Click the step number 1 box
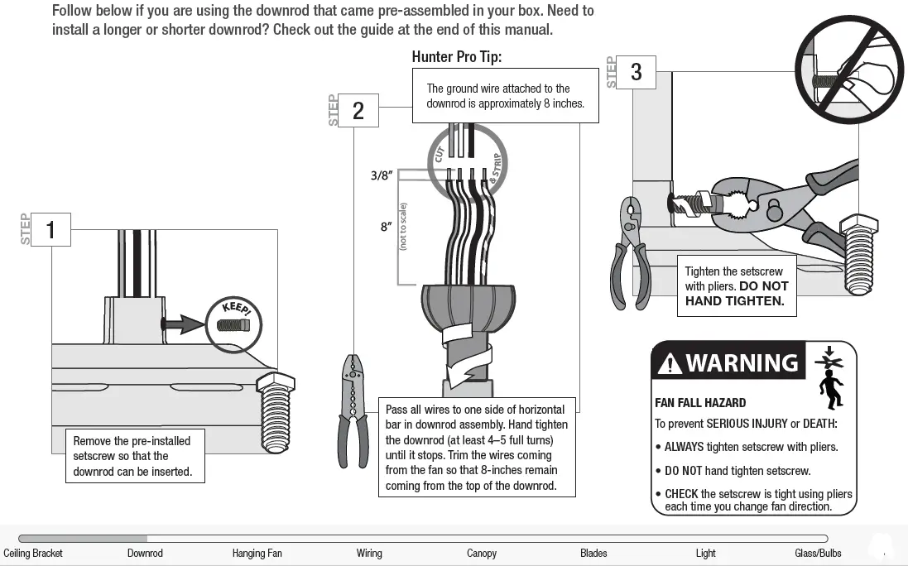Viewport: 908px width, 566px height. point(50,229)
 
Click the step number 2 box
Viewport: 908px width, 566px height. point(358,111)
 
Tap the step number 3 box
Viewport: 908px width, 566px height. point(636,73)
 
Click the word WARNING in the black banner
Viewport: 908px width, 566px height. point(742,363)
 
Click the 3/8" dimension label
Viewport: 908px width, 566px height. point(381,175)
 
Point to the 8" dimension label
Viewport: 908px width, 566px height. point(386,227)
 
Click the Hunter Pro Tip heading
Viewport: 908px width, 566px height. point(456,57)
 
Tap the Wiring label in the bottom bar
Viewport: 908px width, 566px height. point(369,553)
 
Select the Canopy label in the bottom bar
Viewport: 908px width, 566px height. point(482,553)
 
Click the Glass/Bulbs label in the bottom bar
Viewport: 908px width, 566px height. point(818,553)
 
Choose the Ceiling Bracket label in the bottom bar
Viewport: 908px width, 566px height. point(33,553)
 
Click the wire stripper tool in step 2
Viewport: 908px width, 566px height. point(353,410)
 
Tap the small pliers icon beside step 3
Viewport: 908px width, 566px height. point(630,252)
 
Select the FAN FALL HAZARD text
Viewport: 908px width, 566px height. point(700,403)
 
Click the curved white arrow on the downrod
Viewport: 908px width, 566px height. point(466,347)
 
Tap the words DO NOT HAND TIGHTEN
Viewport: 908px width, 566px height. point(736,294)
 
